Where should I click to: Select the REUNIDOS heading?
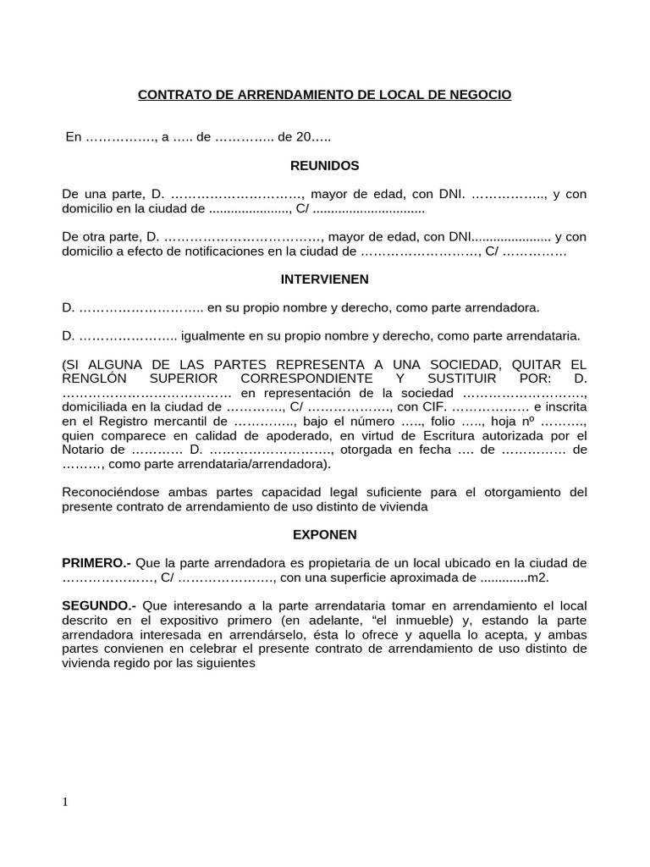point(325,165)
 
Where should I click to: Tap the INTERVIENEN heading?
point(325,279)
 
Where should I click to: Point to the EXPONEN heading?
point(325,534)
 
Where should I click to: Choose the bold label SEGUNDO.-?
point(99,606)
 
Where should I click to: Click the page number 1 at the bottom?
point(66,803)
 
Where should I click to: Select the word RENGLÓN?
point(93,378)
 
